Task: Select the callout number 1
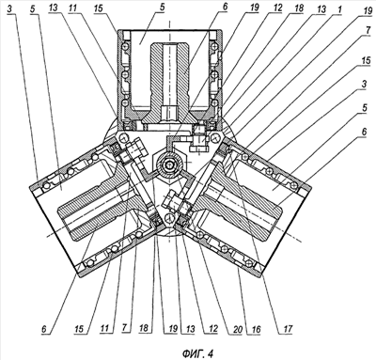[339, 9]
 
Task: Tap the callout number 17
[288, 329]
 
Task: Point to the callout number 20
[238, 329]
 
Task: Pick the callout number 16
[257, 329]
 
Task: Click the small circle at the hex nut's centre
[169, 164]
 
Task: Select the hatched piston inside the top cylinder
[169, 83]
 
